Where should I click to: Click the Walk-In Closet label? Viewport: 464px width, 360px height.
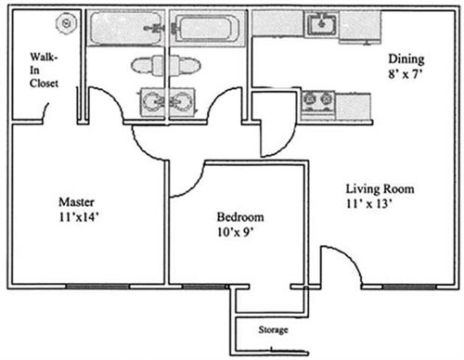pyautogui.click(x=44, y=71)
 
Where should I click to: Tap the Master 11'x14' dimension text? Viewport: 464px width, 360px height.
pyautogui.click(x=79, y=217)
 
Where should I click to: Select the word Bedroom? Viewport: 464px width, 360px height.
pyautogui.click(x=240, y=217)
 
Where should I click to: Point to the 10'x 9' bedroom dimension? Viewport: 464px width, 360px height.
pyautogui.click(x=236, y=232)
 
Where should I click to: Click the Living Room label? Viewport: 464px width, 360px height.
pyautogui.click(x=380, y=188)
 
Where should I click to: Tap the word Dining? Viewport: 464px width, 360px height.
pyautogui.click(x=406, y=59)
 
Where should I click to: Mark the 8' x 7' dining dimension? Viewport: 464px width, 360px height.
pyautogui.click(x=406, y=74)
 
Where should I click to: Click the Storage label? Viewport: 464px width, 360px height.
pyautogui.click(x=273, y=330)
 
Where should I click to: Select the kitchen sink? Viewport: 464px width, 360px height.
pyautogui.click(x=322, y=23)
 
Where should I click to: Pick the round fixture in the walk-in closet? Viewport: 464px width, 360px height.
pyautogui.click(x=66, y=23)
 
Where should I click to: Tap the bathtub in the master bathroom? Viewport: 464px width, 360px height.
pyautogui.click(x=126, y=29)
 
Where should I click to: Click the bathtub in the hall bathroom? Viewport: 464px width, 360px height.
pyautogui.click(x=206, y=29)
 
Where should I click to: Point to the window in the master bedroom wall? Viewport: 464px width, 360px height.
pyautogui.click(x=97, y=287)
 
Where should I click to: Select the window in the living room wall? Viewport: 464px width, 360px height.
pyautogui.click(x=409, y=287)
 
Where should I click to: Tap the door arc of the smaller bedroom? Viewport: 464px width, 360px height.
pyautogui.click(x=195, y=186)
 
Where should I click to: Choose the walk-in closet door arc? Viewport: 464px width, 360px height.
pyautogui.click(x=45, y=111)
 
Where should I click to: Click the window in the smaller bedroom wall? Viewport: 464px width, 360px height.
pyautogui.click(x=204, y=287)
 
